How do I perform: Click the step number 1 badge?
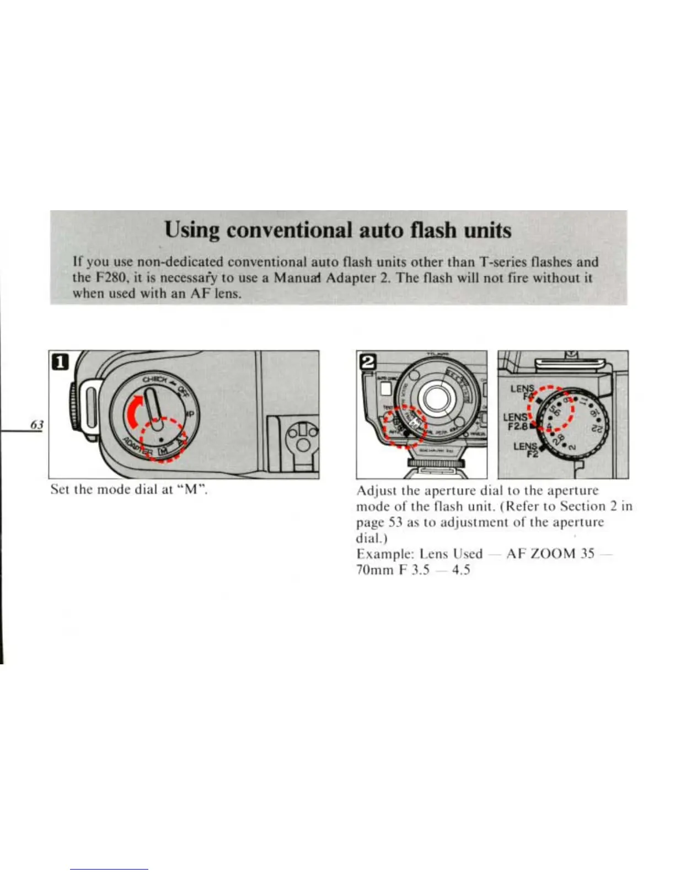[x=60, y=362]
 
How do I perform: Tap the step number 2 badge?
[x=367, y=361]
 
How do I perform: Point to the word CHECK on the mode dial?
[x=155, y=378]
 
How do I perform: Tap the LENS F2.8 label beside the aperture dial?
[x=517, y=421]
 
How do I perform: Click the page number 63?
[x=37, y=424]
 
